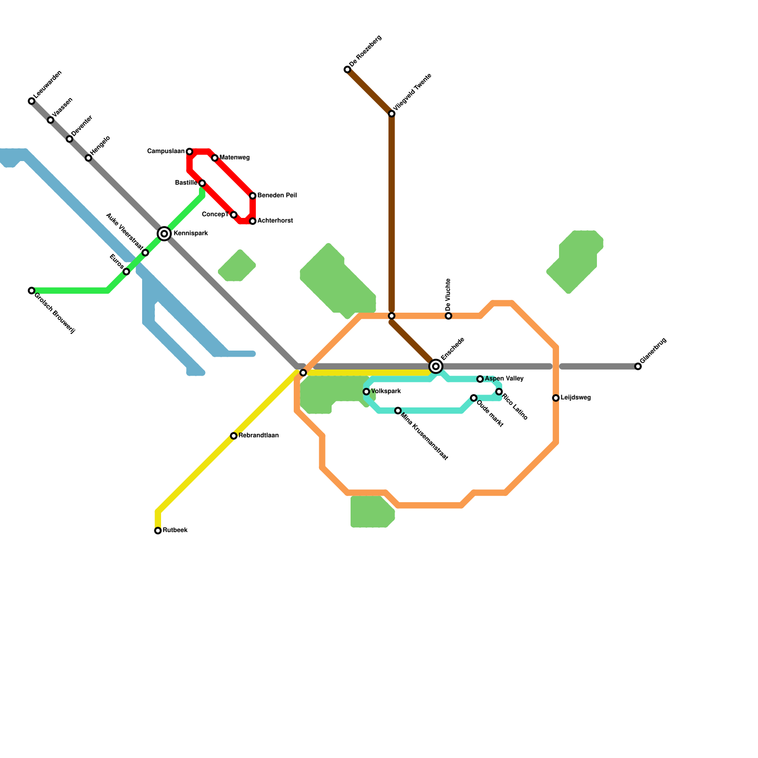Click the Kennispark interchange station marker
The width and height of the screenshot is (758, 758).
coord(164,234)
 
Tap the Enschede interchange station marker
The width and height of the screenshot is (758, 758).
coord(436,366)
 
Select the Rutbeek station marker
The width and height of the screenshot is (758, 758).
coord(158,531)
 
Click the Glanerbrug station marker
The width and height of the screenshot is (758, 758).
coord(638,366)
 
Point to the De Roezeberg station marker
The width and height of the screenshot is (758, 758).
coord(347,70)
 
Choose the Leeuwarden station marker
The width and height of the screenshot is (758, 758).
coord(31,101)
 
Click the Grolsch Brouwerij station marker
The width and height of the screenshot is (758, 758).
coord(31,290)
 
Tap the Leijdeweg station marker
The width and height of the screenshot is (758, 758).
coord(556,398)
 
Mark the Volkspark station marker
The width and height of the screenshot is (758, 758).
coord(366,392)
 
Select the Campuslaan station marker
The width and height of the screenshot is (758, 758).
coord(189,152)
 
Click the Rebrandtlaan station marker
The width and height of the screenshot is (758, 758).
coord(234,436)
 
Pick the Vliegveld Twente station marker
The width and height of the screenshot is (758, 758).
coord(392,114)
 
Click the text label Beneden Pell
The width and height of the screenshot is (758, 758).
coord(277,195)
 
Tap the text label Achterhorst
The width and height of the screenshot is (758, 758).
coord(275,221)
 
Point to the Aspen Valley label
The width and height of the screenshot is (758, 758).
coord(504,379)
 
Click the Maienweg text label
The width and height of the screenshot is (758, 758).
coord(234,158)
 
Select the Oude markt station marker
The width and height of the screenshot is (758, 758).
coord(474,398)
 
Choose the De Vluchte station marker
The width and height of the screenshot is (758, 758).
coord(449,316)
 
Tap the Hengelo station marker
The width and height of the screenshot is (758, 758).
coord(88,158)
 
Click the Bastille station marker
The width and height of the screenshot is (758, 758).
coord(202,183)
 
